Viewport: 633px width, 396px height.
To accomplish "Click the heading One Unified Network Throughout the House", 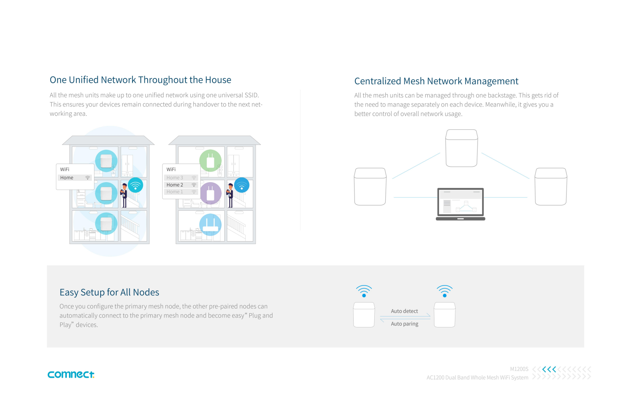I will (140, 80).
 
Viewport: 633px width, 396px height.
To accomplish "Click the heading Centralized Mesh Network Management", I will (436, 81).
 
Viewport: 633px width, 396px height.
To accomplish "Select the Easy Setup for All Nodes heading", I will (109, 292).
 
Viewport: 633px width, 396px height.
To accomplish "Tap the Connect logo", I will (71, 374).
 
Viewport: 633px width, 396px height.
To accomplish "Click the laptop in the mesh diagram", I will (461, 204).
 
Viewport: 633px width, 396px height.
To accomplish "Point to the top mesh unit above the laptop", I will (462, 148).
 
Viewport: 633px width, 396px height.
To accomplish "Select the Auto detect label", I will (404, 311).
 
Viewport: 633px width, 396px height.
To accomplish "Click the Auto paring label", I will (404, 324).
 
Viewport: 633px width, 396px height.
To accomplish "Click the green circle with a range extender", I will (210, 160).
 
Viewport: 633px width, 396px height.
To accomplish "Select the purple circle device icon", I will (210, 193).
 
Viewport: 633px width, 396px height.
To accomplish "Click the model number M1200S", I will (519, 369).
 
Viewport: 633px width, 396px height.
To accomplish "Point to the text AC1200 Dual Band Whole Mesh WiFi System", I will (477, 378).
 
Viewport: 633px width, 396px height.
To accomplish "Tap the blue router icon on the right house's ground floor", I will (210, 225).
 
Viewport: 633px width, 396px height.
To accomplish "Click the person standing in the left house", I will (124, 195).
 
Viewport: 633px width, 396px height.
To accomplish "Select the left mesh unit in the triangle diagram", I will (370, 187).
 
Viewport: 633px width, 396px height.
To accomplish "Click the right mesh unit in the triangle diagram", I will (551, 187).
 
